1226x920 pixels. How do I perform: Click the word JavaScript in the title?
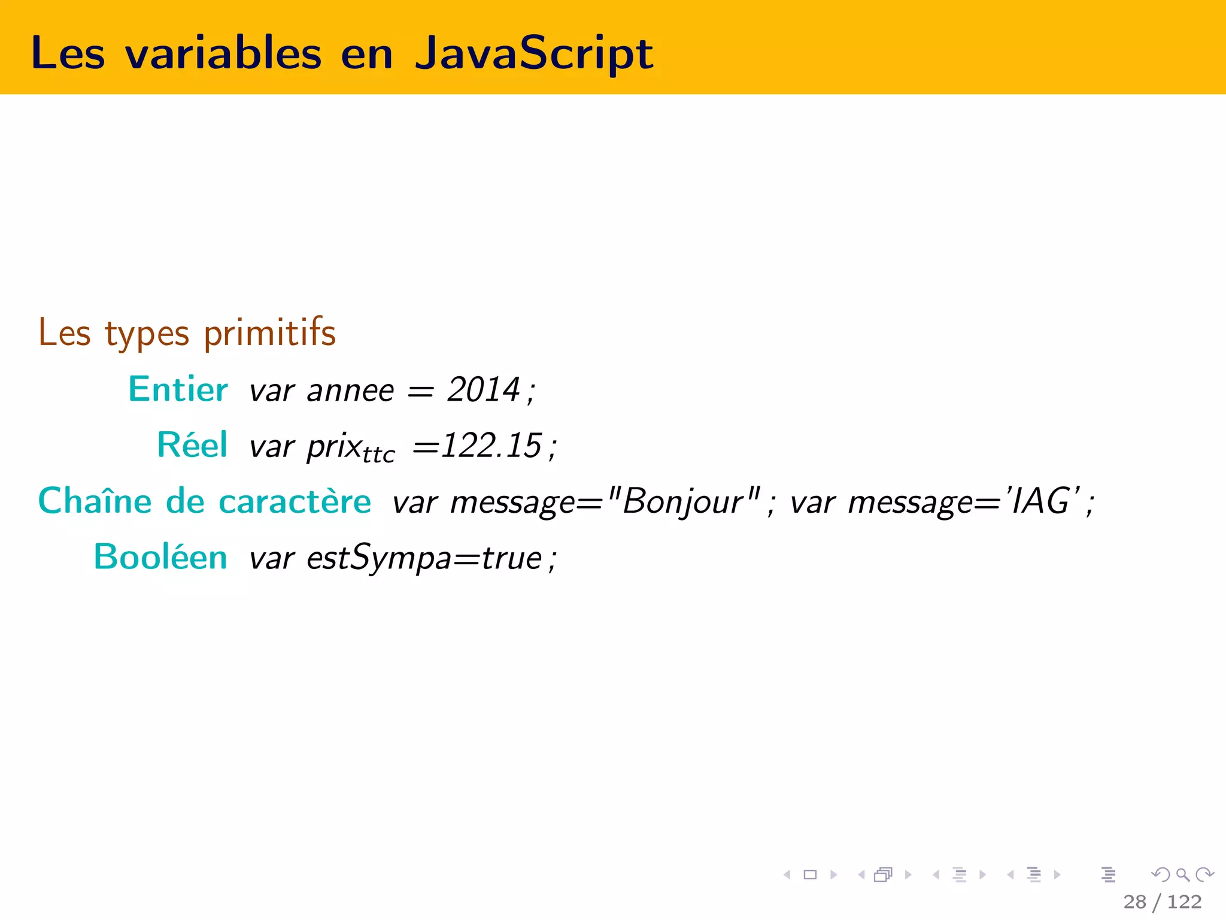click(533, 54)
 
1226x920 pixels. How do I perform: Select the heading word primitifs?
click(269, 333)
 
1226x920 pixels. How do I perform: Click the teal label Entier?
click(178, 389)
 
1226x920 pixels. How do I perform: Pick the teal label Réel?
click(192, 445)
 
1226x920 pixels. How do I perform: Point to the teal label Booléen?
click(160, 557)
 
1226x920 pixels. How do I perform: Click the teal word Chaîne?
click(95, 501)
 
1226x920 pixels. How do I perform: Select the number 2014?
click(484, 390)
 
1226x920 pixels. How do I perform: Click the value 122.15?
click(491, 446)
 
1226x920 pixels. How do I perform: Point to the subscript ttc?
click(378, 455)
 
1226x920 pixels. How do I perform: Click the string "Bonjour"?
click(683, 501)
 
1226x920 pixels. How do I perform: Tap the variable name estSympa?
click(379, 558)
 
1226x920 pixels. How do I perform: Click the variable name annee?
click(350, 391)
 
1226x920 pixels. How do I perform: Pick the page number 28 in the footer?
click(1134, 901)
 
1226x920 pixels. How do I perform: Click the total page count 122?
click(1184, 901)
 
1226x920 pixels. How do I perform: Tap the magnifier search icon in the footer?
click(1182, 875)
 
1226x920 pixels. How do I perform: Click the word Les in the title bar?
click(68, 53)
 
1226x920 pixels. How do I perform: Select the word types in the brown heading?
click(147, 334)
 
